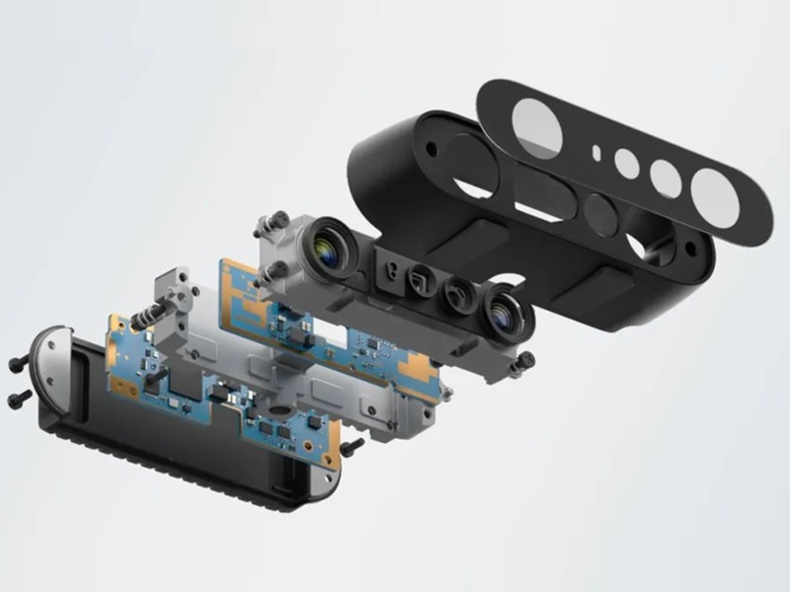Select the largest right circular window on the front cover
pos(715,198)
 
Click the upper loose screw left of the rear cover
pos(17,365)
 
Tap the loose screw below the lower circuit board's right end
pos(352,447)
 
